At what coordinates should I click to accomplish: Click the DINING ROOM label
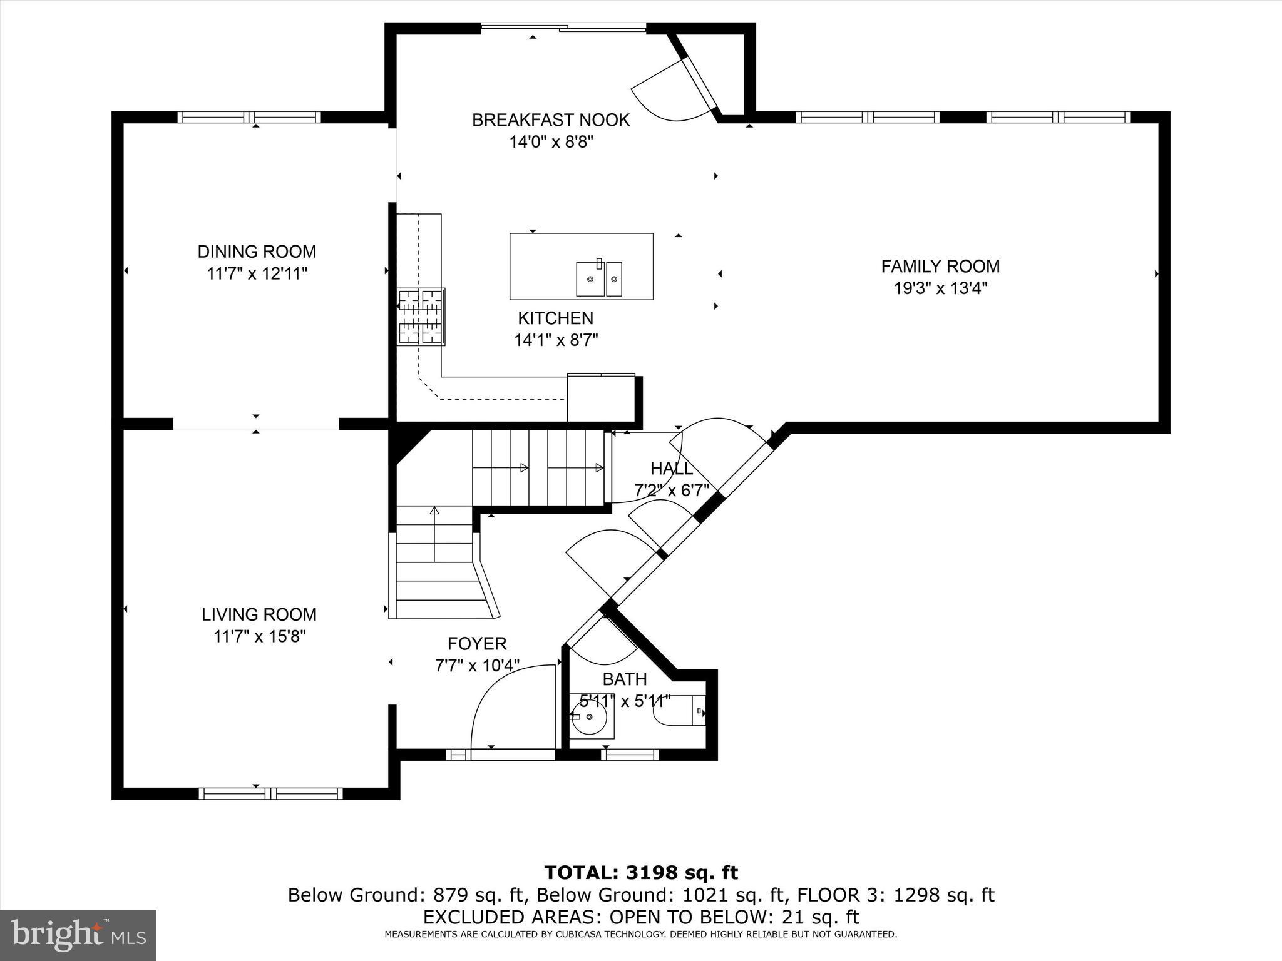pos(257,252)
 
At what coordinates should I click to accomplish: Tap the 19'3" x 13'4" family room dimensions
pos(940,288)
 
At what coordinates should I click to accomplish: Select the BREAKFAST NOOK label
pos(550,120)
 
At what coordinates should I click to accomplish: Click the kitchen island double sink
pos(599,278)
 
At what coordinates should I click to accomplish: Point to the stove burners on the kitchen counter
pos(421,317)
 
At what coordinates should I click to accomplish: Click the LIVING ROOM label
pos(259,614)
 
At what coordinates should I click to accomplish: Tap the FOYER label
pos(476,643)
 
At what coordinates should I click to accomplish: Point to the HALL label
pos(671,469)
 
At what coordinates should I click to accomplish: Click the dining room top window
pos(249,117)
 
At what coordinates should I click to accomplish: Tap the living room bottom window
pos(270,793)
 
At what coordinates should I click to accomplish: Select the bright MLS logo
pos(78,935)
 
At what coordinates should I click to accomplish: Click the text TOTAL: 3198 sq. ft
pos(640,872)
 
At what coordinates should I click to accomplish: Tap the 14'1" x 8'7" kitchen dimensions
pos(556,340)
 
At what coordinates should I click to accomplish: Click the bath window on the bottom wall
pos(630,755)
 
